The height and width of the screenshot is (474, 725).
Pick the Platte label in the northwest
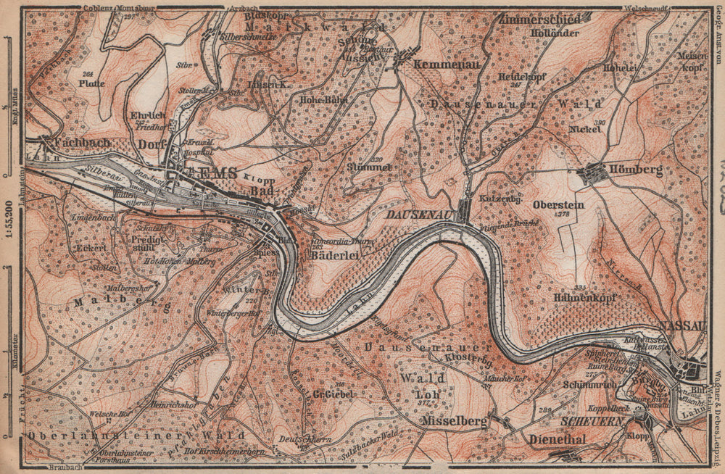[x=92, y=83]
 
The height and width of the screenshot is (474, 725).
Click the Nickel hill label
[x=586, y=130]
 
